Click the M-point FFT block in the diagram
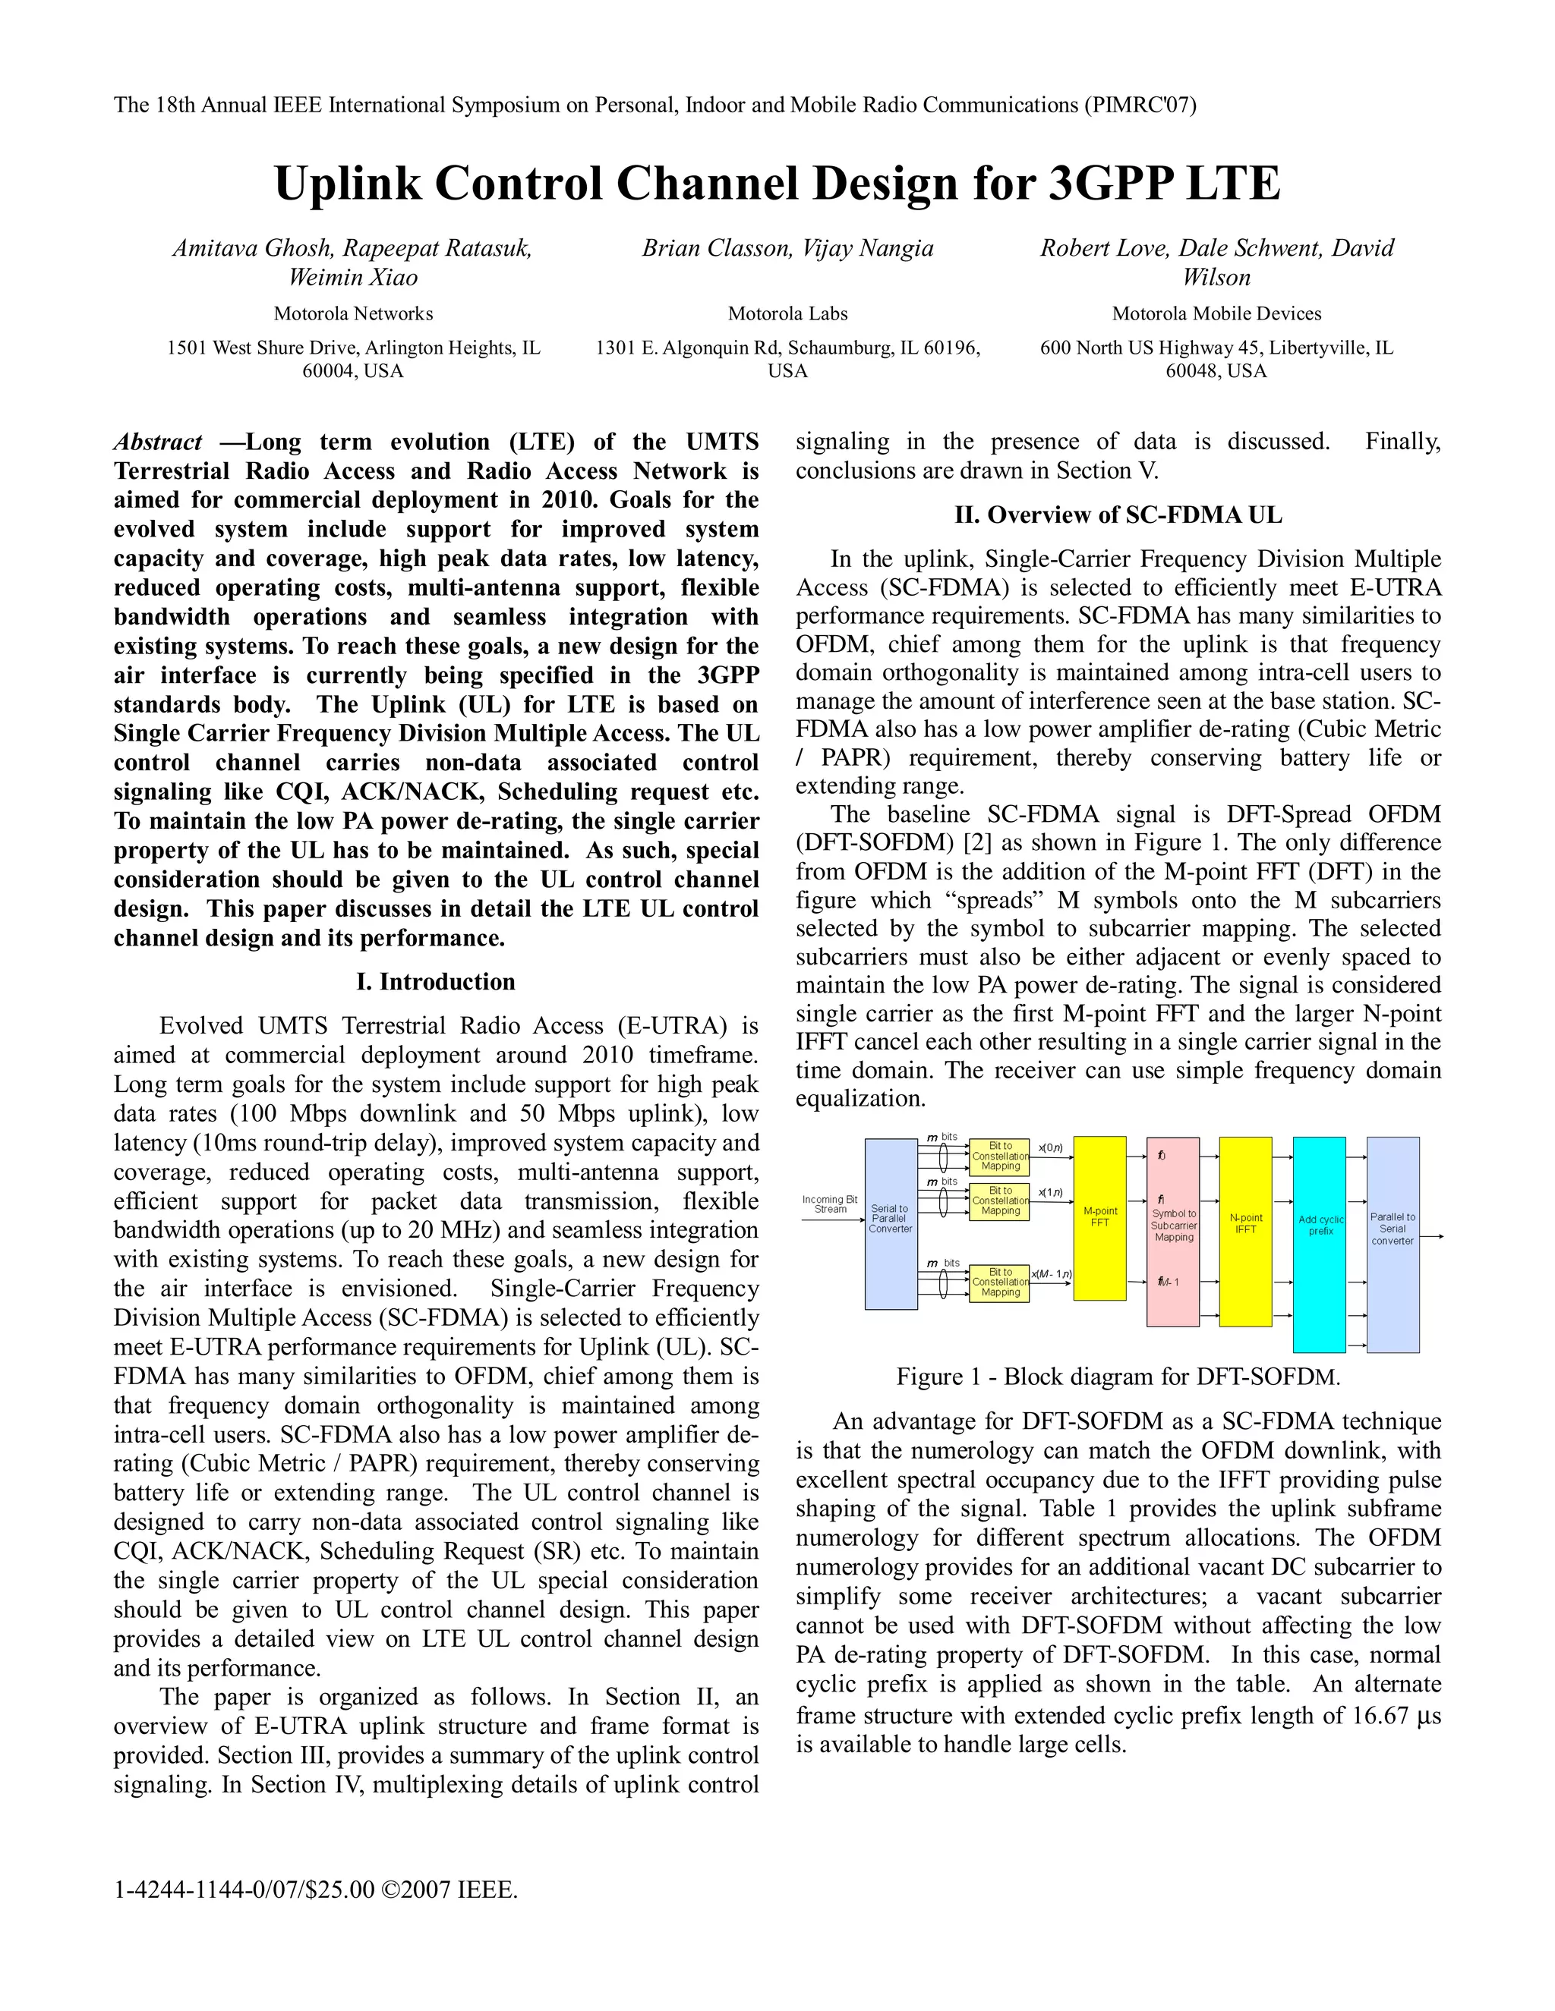coord(1100,1217)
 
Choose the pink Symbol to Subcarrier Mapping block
coord(1172,1230)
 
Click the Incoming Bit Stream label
coord(829,1204)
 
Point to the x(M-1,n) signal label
coord(1051,1274)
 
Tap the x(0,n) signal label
coord(1050,1148)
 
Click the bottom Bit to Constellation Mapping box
coord(999,1282)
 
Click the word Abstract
coord(157,442)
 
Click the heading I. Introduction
coord(436,981)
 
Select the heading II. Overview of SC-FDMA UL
coord(1118,515)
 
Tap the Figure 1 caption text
coord(1118,1377)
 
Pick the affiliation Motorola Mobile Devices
coord(1216,313)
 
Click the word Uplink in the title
coord(349,183)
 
